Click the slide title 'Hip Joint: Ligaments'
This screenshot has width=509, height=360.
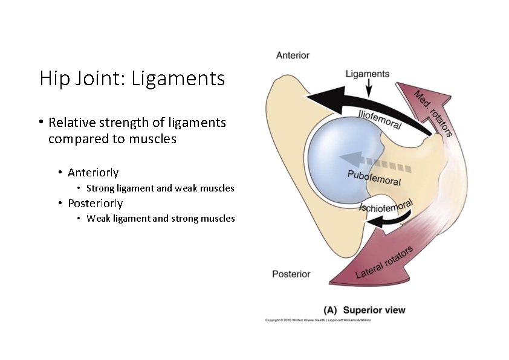(132, 79)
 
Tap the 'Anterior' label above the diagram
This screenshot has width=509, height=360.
(293, 56)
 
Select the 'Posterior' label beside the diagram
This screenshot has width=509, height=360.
(291, 274)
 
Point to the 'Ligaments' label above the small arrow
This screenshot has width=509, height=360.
(368, 74)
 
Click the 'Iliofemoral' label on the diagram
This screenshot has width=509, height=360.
(380, 118)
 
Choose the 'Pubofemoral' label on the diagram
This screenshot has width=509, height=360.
(374, 178)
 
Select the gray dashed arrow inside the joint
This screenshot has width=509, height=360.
(375, 162)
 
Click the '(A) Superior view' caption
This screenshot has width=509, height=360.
(365, 310)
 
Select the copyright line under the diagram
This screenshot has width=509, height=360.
(319, 320)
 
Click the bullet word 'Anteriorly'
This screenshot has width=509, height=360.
(93, 173)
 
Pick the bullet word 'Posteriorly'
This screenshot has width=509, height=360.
(95, 203)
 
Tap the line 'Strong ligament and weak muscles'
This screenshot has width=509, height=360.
(160, 188)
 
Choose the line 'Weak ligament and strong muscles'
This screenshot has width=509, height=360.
(160, 219)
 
